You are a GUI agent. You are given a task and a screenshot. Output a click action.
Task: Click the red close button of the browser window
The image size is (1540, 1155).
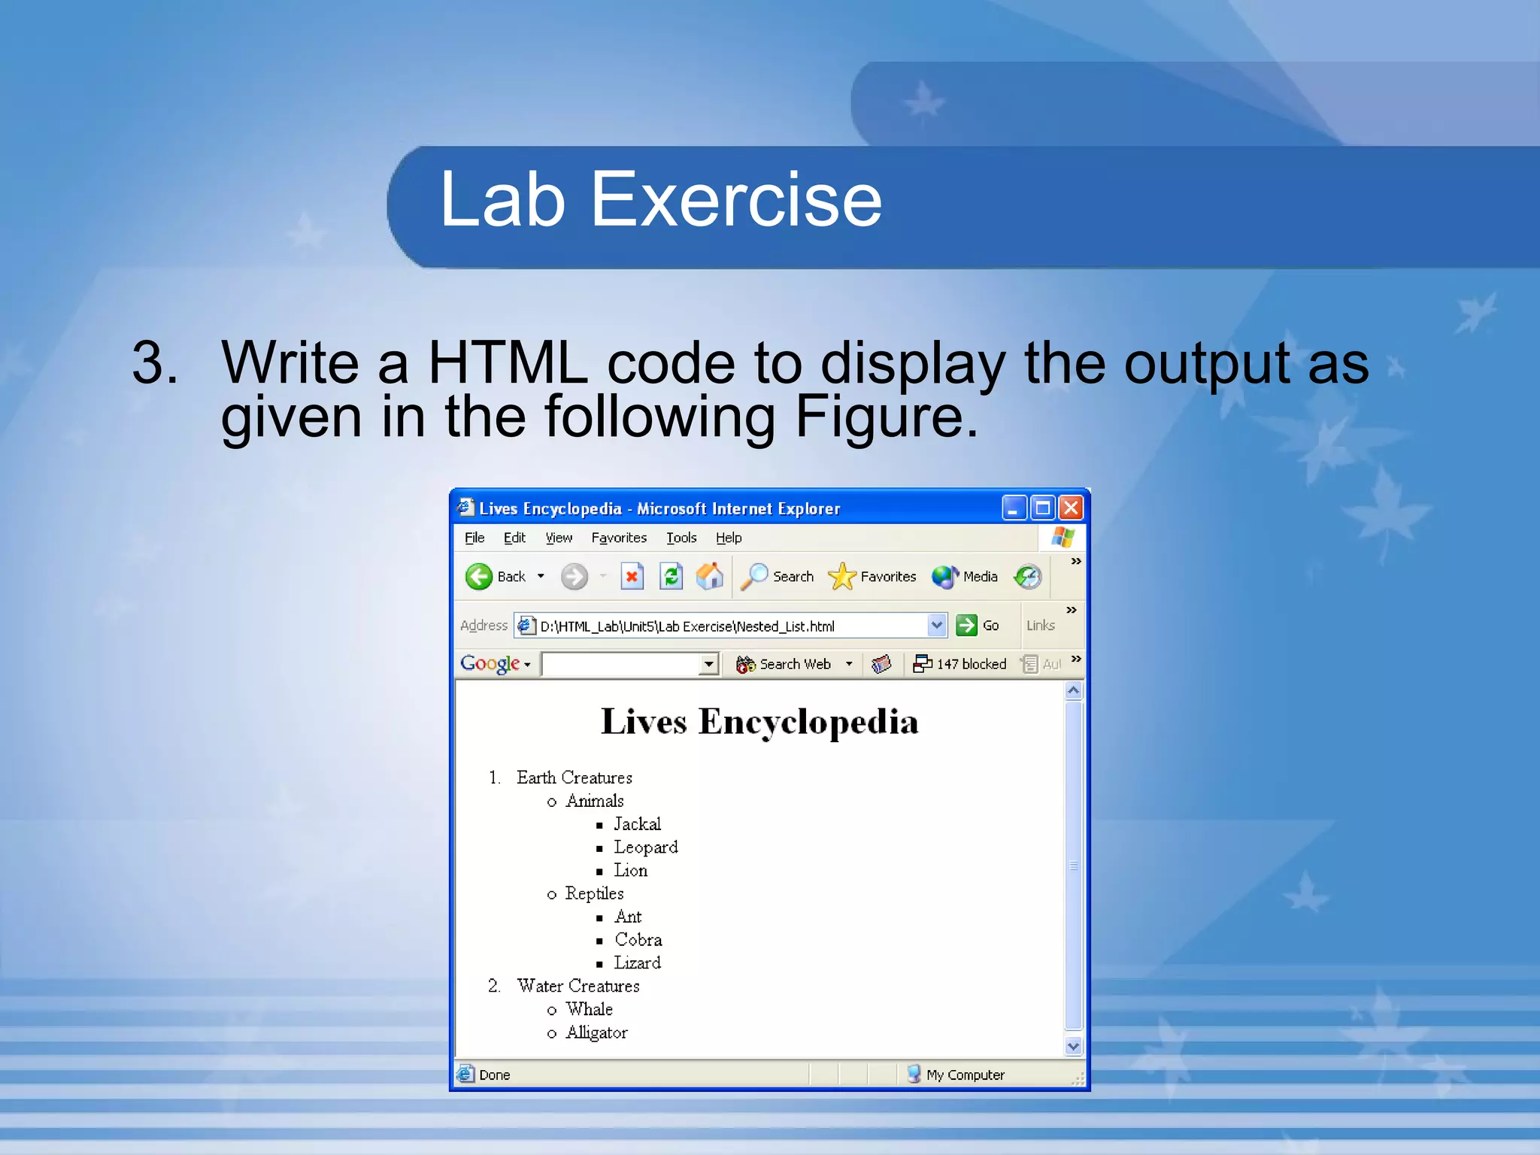pos(1070,508)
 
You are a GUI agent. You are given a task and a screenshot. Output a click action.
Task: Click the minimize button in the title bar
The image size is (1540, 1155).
pos(1014,508)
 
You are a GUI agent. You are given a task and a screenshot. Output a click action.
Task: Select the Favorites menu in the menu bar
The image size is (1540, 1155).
pos(618,538)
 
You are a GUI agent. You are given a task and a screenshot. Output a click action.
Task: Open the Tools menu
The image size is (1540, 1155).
pos(681,538)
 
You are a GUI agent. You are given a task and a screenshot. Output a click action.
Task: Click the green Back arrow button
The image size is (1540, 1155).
pos(479,577)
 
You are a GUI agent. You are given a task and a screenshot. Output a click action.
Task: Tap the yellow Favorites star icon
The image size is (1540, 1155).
pos(841,577)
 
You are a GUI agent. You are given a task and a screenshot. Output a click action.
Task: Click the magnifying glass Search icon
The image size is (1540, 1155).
pos(754,577)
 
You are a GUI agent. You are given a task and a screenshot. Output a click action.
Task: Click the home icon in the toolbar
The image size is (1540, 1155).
pos(709,577)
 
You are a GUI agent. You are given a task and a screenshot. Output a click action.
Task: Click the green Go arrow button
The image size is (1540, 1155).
pos(966,625)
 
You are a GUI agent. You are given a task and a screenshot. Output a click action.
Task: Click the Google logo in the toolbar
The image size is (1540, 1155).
pos(490,663)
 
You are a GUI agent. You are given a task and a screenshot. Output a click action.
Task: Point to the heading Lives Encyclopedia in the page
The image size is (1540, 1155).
pos(759,722)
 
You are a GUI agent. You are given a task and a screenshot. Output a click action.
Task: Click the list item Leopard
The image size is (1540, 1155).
pos(645,847)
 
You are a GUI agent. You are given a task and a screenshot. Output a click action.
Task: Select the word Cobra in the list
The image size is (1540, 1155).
pos(638,940)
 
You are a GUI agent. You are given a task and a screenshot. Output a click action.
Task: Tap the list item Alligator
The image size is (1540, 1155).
pos(596,1032)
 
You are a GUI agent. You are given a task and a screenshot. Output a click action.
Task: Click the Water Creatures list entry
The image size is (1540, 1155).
pos(577,986)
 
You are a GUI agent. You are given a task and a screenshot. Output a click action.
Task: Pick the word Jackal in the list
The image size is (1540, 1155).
pos(637,824)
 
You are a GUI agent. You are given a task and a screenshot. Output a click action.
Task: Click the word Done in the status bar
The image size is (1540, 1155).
pos(494,1075)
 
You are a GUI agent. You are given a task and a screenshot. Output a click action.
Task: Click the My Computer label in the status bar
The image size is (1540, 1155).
pos(965,1075)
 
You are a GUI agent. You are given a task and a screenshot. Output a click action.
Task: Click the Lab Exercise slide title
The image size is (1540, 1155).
pos(660,199)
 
